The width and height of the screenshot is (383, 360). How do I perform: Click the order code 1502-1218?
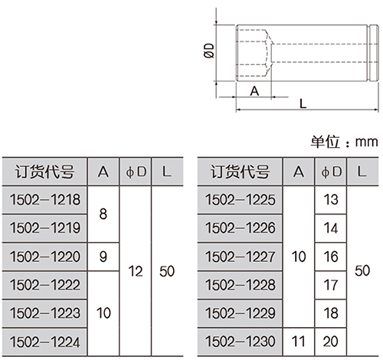[45, 200]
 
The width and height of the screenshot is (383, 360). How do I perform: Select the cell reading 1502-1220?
[45, 257]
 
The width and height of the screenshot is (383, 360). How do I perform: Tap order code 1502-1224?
[45, 342]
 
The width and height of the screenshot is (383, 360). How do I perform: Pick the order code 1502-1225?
[241, 200]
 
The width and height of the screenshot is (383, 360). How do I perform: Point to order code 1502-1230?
[241, 342]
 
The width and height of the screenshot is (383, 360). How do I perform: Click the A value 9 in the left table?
[103, 257]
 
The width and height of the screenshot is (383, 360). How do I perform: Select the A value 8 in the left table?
[103, 214]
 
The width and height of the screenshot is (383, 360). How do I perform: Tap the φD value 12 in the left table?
[136, 271]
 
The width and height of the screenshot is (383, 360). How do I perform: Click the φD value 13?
[331, 200]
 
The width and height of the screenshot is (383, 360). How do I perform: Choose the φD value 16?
[331, 257]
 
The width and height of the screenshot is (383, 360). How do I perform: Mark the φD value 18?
[331, 313]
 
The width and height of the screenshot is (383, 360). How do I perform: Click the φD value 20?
[331, 342]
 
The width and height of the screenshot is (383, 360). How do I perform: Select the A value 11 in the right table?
[299, 342]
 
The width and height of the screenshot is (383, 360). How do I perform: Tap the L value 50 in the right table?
[362, 270]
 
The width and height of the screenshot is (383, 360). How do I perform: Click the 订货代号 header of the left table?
[45, 172]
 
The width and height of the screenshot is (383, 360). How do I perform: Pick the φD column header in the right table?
[331, 172]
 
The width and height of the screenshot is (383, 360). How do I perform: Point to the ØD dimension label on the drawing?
[209, 51]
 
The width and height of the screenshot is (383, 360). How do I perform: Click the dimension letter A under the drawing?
[254, 91]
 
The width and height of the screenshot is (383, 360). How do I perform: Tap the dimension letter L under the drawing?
[303, 103]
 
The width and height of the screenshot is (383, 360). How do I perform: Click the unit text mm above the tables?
[366, 142]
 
